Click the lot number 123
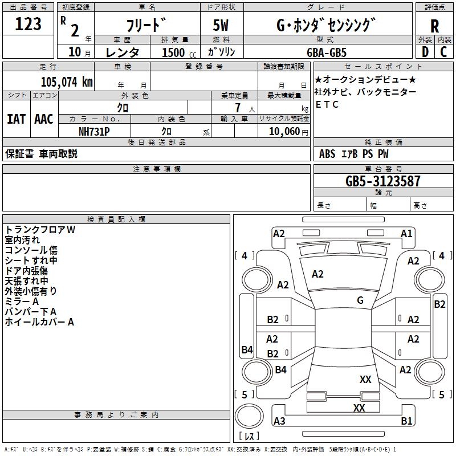pos(28,24)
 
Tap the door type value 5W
pos(221,25)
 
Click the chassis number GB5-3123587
pos(383,181)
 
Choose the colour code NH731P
pos(94,131)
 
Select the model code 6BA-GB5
pos(326,52)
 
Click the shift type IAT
pos(16,119)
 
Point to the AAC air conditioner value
pos(43,119)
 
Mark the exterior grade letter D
pos(425,52)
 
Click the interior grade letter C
pos(444,52)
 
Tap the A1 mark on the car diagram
pos(406,233)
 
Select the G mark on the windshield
pos(360,300)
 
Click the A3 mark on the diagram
pos(279,421)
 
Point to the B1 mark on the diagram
pos(406,421)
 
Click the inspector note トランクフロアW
pos(40,230)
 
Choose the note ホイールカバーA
pos(39,322)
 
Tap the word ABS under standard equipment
pos(327,154)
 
